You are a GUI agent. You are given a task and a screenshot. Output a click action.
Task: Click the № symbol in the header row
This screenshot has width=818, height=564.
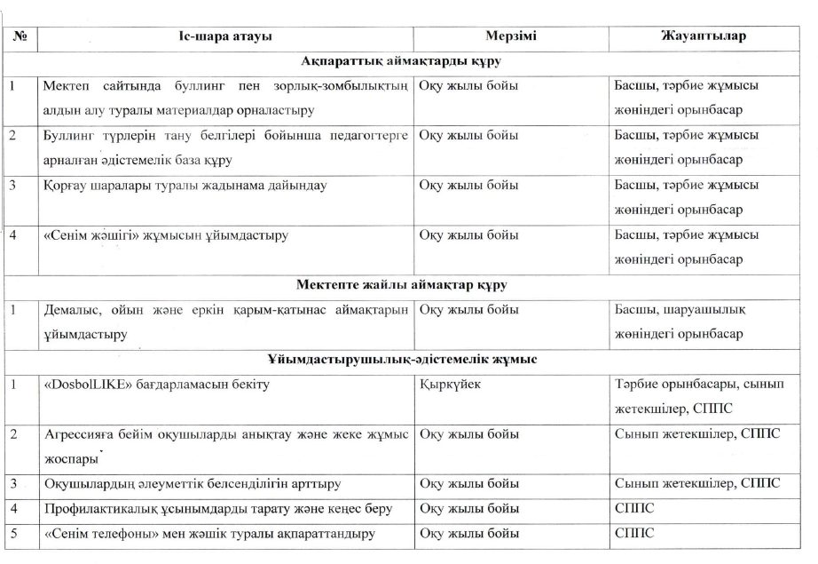19,36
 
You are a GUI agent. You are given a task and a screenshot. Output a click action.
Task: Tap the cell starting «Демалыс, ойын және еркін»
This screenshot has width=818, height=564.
225,321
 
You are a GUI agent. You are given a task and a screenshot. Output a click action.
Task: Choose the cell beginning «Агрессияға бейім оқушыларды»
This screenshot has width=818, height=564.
225,446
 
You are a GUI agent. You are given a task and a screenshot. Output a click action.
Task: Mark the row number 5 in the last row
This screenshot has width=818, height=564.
13,533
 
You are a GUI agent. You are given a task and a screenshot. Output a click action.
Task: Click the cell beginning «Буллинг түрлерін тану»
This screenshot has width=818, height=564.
225,147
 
